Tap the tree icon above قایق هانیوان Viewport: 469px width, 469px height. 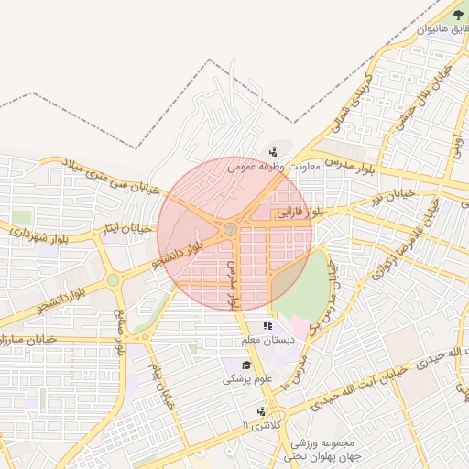pyautogui.click(x=458, y=14)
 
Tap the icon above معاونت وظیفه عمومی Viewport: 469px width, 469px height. pyautogui.click(x=273, y=152)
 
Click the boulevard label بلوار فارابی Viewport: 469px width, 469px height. pyautogui.click(x=301, y=213)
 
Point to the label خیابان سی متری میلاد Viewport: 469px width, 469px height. pyautogui.click(x=109, y=175)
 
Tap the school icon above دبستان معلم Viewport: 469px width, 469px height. pyautogui.click(x=267, y=325)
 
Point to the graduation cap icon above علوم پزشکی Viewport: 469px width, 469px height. pyautogui.click(x=245, y=365)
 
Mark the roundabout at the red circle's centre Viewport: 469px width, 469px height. pyautogui.click(x=231, y=228)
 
